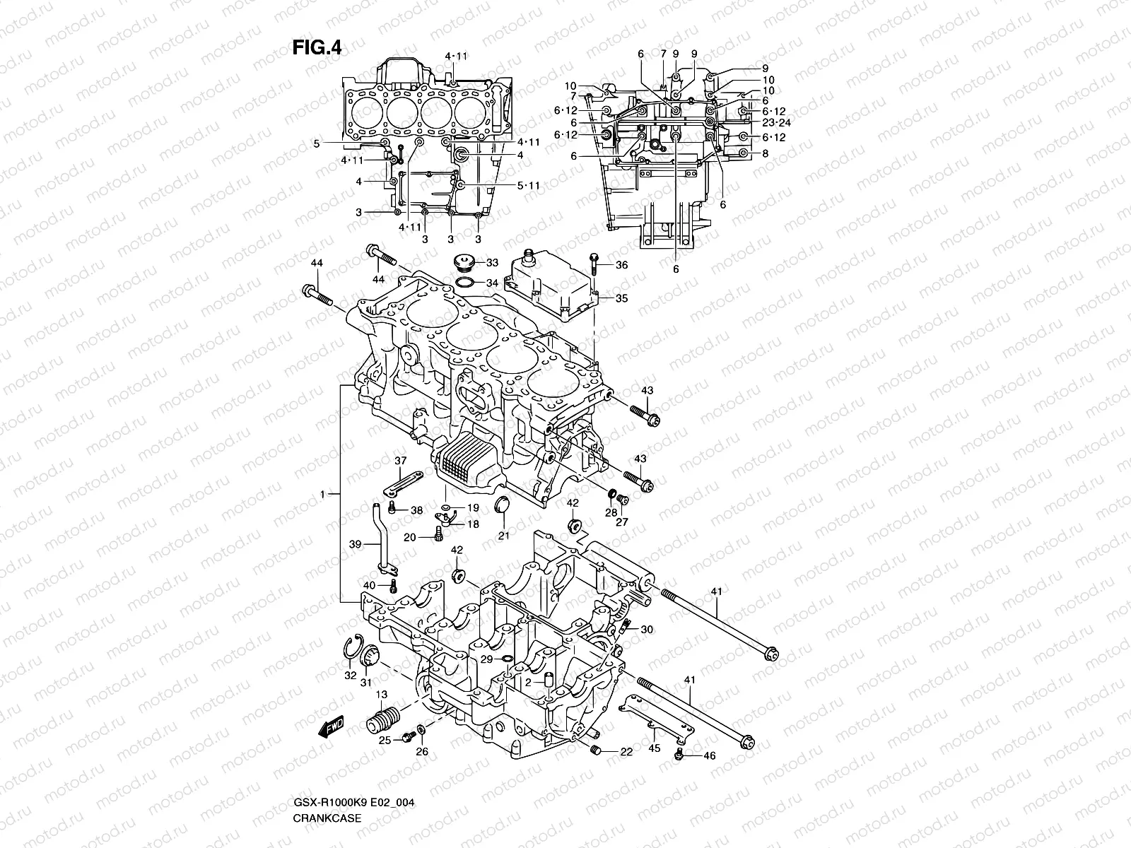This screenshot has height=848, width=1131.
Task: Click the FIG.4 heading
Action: (317, 47)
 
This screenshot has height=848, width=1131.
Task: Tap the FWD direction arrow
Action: (330, 726)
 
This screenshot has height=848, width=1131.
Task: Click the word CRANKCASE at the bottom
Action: (327, 820)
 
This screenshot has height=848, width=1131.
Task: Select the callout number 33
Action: (492, 263)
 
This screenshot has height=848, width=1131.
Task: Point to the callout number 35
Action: (621, 298)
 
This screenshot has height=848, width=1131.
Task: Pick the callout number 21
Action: (504, 536)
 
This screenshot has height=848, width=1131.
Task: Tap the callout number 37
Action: (401, 461)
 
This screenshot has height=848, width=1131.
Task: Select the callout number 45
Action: (654, 748)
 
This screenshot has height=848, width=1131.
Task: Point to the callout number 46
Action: (710, 756)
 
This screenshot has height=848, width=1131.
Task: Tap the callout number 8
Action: (765, 153)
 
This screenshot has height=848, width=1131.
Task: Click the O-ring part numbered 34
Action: (465, 283)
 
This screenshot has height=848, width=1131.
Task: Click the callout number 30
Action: (647, 629)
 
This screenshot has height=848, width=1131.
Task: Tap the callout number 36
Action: (621, 265)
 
